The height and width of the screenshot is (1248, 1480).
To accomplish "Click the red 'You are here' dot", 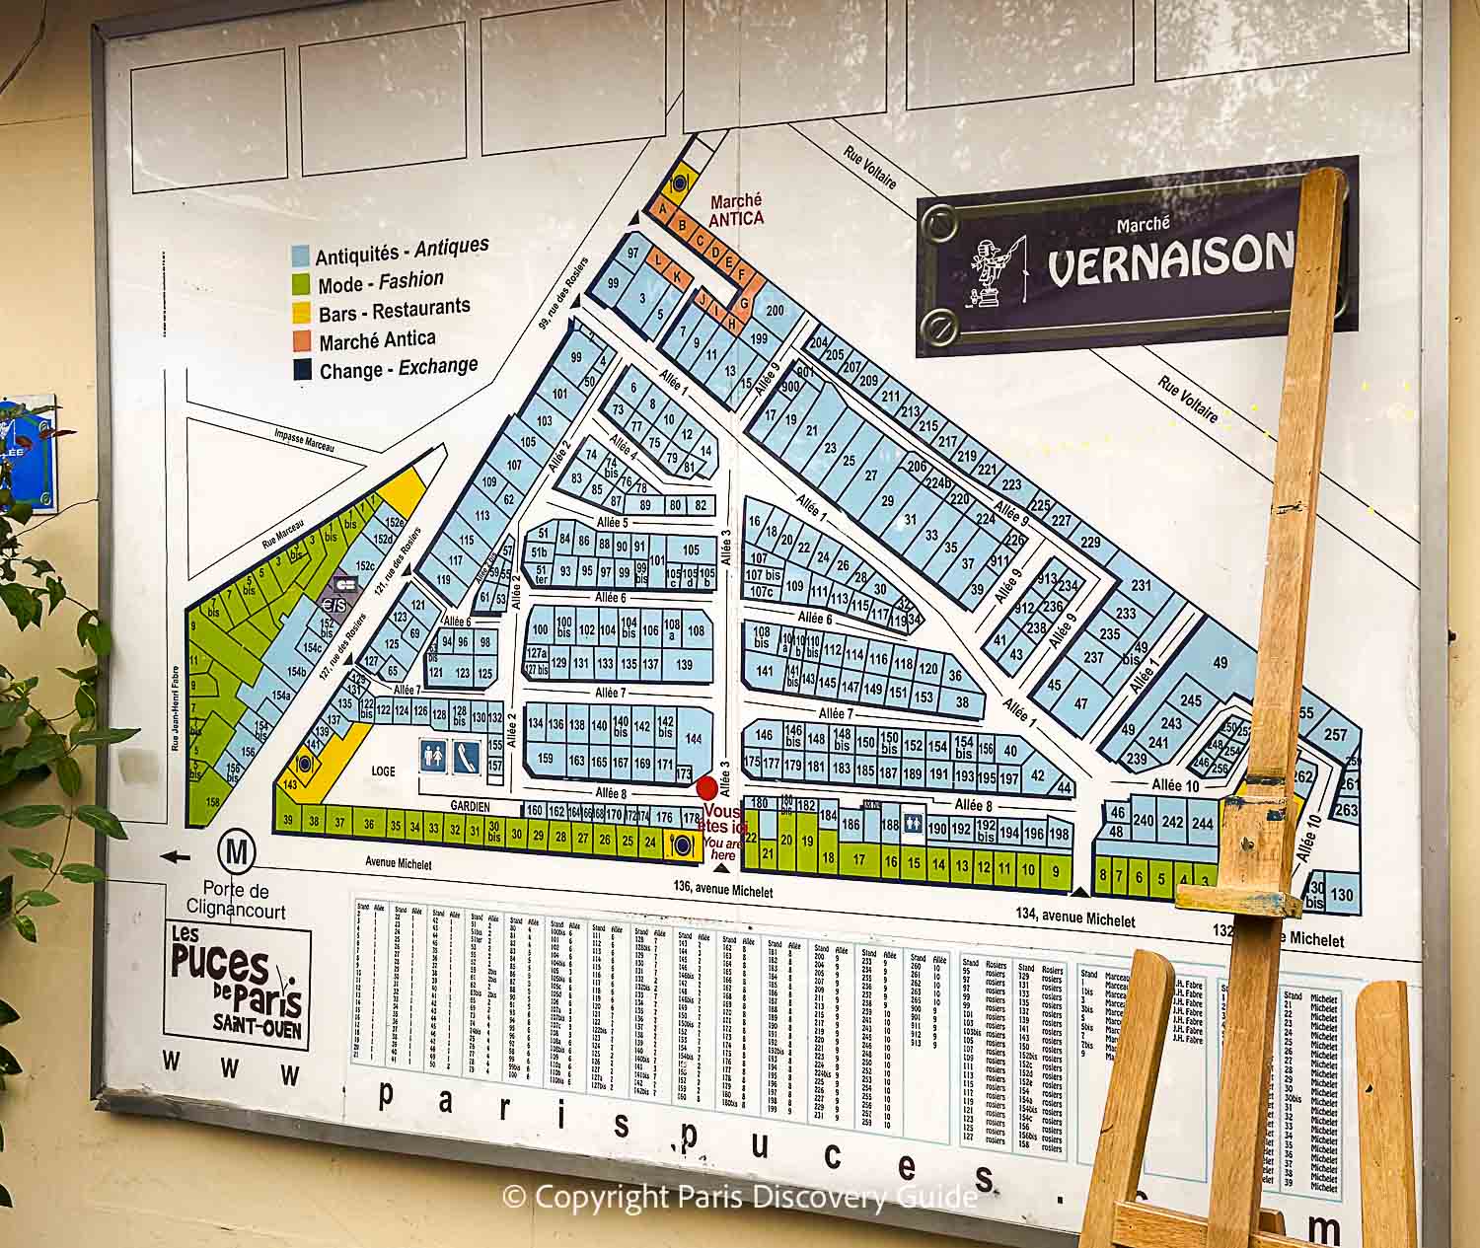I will pos(706,788).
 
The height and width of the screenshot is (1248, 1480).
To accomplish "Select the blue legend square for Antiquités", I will pos(301,256).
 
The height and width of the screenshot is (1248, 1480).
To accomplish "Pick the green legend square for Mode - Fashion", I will pos(302,285).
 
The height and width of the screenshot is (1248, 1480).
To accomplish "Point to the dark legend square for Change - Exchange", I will pos(302,371).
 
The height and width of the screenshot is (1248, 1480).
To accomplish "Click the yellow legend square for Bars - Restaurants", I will pos(302,315).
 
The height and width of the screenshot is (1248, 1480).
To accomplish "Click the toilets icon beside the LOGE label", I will pos(432,757).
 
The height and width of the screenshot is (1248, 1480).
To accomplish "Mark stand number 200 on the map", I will pos(774,311).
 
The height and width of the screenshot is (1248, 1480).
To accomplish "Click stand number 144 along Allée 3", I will pos(693,738).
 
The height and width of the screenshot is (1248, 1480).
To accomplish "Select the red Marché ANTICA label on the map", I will pos(736,209).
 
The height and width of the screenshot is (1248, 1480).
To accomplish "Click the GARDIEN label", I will pos(471,806).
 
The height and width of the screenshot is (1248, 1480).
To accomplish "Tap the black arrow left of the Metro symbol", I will pos(176,856).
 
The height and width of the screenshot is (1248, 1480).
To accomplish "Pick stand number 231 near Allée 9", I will pos(1141,585).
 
